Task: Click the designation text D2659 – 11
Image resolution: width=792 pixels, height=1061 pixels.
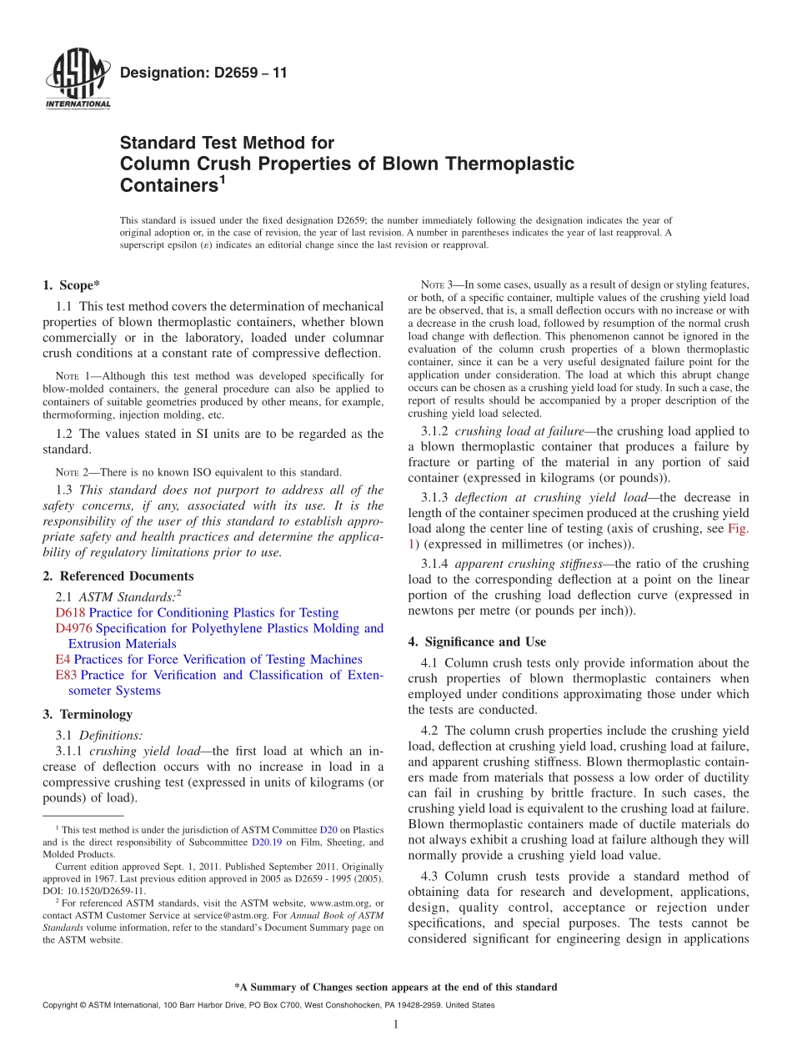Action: [x=203, y=73]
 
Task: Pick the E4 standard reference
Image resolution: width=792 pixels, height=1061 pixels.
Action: [x=63, y=660]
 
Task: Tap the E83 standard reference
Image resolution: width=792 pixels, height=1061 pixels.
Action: [x=66, y=675]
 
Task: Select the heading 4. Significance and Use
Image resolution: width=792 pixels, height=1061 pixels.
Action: [x=477, y=642]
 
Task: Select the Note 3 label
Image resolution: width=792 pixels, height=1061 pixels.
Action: [x=438, y=285]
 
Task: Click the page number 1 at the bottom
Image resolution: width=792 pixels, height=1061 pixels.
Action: [x=396, y=1025]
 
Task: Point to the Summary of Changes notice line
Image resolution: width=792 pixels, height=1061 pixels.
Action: [x=396, y=988]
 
